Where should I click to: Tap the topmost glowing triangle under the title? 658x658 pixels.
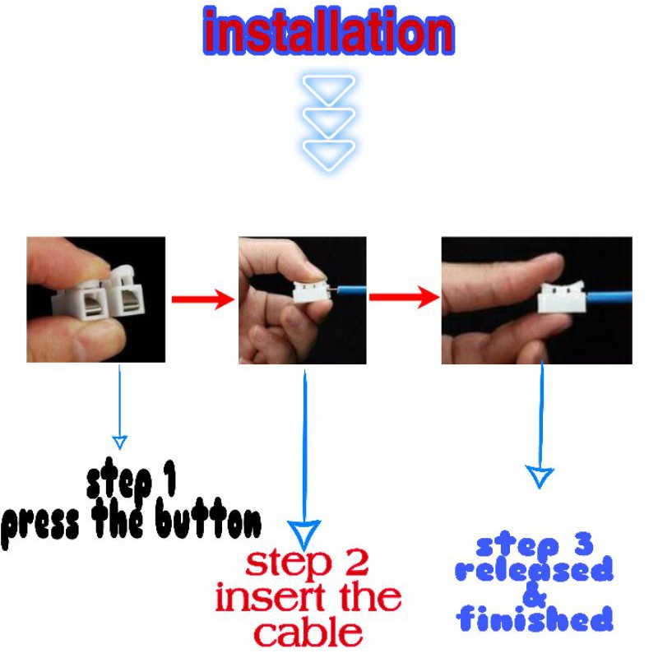click(329, 88)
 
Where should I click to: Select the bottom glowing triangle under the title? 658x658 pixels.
click(329, 154)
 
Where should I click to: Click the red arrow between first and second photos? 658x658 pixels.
click(202, 299)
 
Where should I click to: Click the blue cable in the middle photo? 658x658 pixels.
click(349, 290)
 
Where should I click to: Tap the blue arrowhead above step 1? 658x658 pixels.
click(120, 442)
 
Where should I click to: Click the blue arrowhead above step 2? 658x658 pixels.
click(306, 534)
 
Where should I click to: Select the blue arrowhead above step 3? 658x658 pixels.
click(540, 476)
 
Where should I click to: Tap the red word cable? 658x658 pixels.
click(308, 633)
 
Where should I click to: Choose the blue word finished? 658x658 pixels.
click(535, 619)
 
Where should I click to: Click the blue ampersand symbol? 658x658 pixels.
click(535, 594)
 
